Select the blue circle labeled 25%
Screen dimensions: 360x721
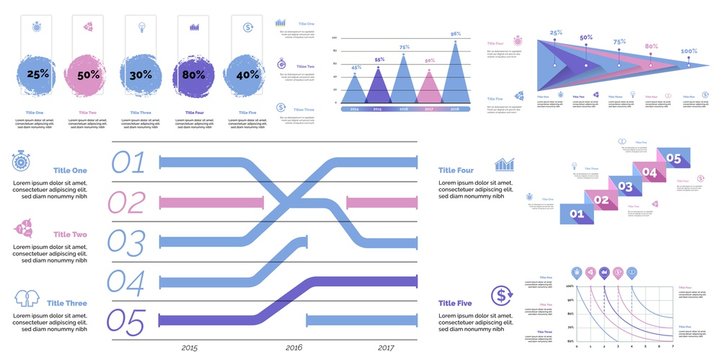click(x=38, y=75)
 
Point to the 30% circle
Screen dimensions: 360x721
click(x=141, y=75)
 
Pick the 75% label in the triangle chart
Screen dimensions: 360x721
click(x=405, y=47)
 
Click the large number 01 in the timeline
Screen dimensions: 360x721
click(x=127, y=163)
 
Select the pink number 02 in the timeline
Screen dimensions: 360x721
click(x=127, y=203)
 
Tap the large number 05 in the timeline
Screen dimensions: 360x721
click(x=127, y=321)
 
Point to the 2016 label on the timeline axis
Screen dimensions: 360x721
click(x=293, y=348)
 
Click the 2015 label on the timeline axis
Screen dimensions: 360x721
click(x=190, y=348)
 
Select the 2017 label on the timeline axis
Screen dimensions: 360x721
click(x=386, y=348)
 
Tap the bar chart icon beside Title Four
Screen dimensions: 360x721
click(x=504, y=164)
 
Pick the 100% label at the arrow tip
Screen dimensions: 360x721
click(x=689, y=51)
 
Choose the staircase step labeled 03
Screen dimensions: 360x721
click(x=624, y=186)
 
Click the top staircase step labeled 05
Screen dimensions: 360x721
click(x=674, y=158)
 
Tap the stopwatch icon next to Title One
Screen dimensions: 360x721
click(x=23, y=161)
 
